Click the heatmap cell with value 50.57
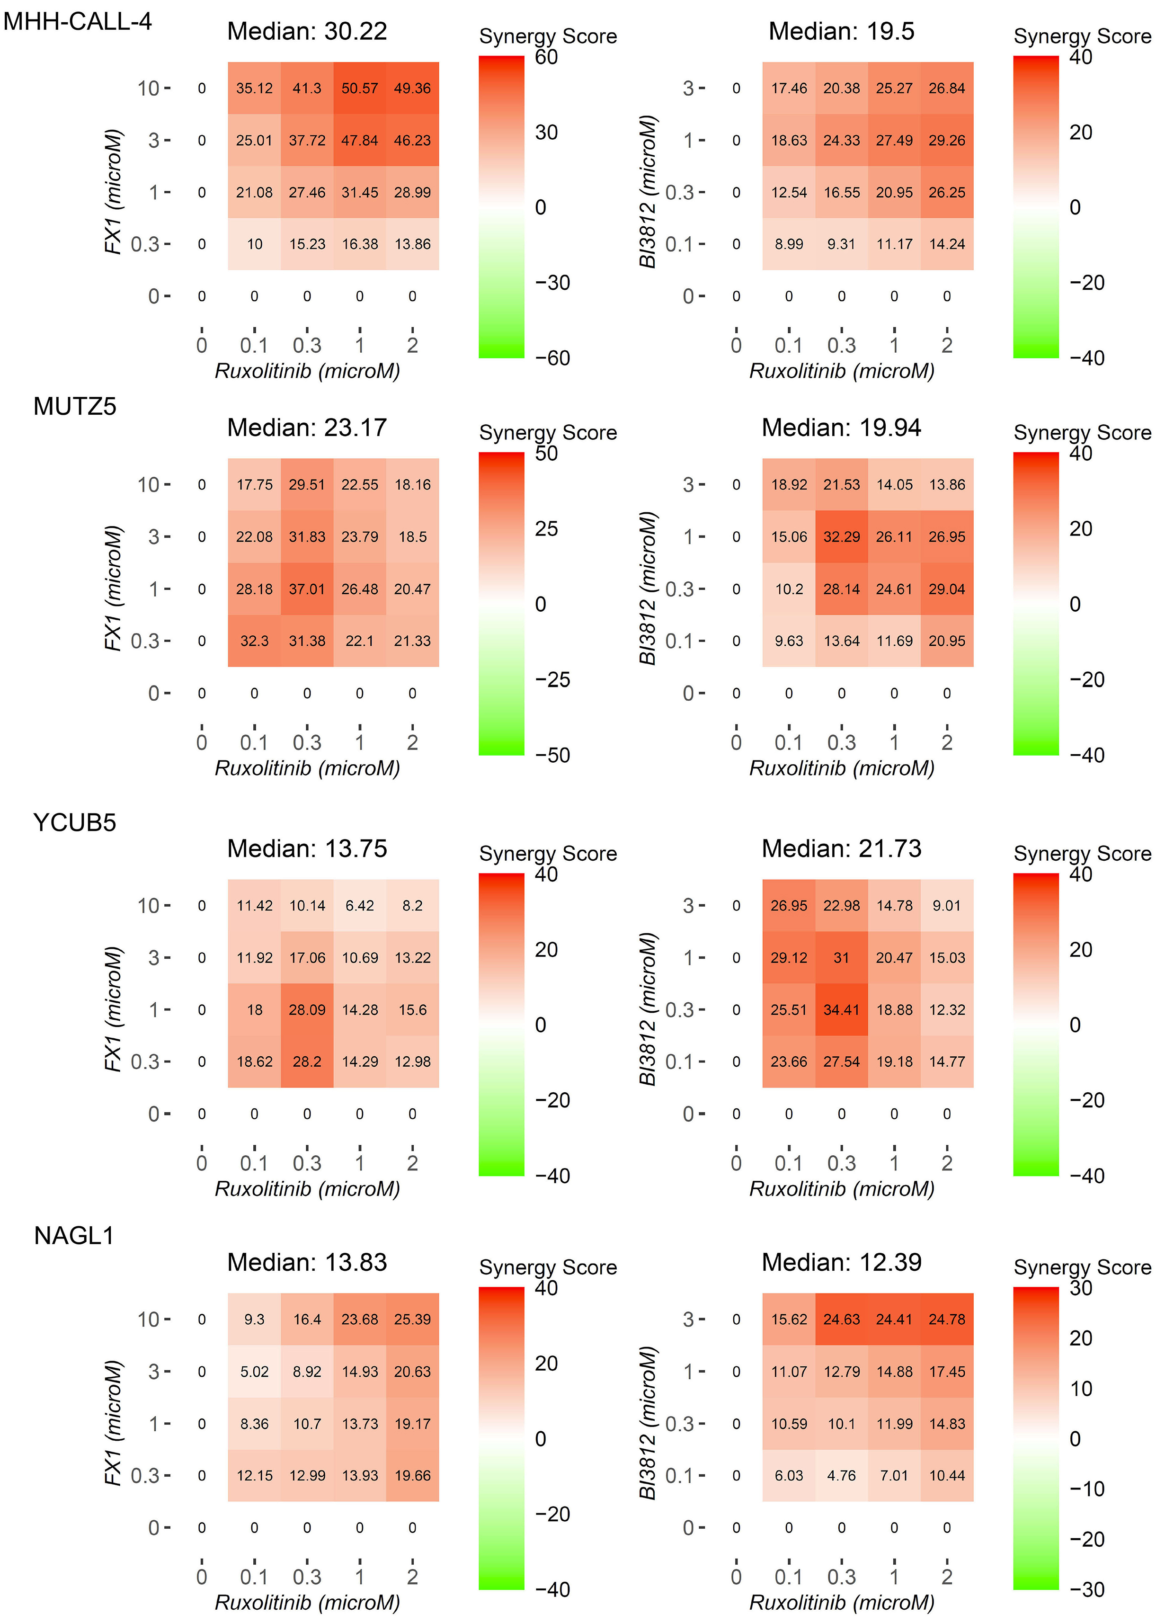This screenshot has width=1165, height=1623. tap(359, 88)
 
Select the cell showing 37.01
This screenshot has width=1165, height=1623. tap(307, 589)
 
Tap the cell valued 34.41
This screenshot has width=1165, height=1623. tap(842, 1010)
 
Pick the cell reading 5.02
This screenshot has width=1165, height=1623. tap(254, 1371)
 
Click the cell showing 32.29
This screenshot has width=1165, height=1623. tap(842, 537)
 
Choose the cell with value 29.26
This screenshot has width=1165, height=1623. tap(947, 140)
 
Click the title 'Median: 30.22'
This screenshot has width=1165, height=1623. tap(307, 32)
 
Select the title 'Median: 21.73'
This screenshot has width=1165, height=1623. tap(842, 849)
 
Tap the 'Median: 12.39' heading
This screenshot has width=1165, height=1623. tap(842, 1262)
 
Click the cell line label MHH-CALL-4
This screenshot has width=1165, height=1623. tap(77, 21)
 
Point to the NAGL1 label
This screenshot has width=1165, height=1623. tap(74, 1236)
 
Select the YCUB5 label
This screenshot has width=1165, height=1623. tap(74, 823)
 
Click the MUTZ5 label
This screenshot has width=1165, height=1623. tap(74, 407)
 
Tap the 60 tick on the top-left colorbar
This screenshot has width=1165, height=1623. tap(547, 57)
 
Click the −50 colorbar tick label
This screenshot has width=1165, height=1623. tap(552, 755)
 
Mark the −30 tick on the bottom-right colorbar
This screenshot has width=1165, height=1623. tap(1087, 1589)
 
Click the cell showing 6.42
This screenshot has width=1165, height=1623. tap(359, 905)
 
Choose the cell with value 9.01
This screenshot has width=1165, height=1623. tap(947, 905)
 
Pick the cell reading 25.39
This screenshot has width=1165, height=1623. tap(412, 1319)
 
